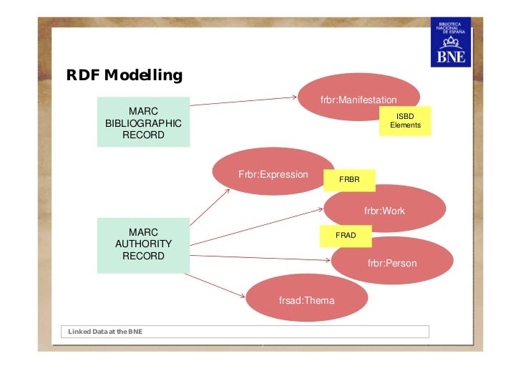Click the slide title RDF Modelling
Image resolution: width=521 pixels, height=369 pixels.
[124, 75]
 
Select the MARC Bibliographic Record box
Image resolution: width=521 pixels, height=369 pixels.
[143, 123]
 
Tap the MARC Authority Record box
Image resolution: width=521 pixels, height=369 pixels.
[143, 244]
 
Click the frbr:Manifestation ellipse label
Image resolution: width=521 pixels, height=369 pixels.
[359, 100]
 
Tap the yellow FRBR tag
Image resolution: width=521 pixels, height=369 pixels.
[349, 179]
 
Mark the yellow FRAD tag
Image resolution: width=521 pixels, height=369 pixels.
[346, 235]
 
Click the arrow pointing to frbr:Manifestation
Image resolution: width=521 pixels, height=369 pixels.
[243, 102]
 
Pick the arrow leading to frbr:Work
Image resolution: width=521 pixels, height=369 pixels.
[258, 222]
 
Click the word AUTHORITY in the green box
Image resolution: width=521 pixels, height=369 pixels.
[143, 244]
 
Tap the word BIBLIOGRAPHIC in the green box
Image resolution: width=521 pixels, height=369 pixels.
[143, 123]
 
